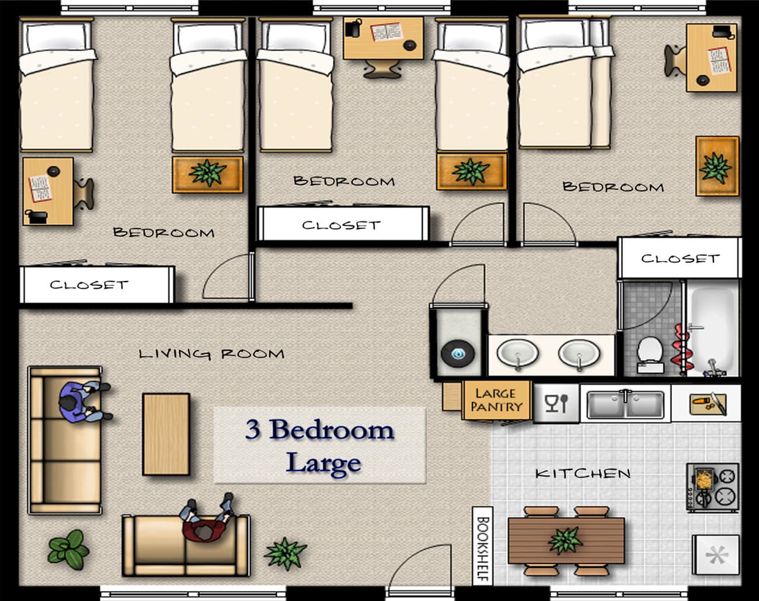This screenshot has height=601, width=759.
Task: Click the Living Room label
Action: [x=211, y=353]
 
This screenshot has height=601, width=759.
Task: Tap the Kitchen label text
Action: [x=583, y=474]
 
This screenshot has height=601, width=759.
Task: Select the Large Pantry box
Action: [x=497, y=400]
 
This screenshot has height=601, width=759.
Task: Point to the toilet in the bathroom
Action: [x=650, y=355]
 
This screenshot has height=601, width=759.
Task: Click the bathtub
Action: [x=712, y=331]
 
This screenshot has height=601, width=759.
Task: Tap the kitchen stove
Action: [x=712, y=488]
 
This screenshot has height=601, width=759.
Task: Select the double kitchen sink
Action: [x=625, y=404]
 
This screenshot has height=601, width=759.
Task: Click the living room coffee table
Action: [x=166, y=435]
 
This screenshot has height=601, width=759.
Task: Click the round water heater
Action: [x=458, y=353]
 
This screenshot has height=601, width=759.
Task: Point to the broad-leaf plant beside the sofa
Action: [x=68, y=550]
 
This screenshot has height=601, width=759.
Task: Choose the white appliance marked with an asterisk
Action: [x=716, y=555]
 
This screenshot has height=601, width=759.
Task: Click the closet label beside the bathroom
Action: [x=680, y=258]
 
